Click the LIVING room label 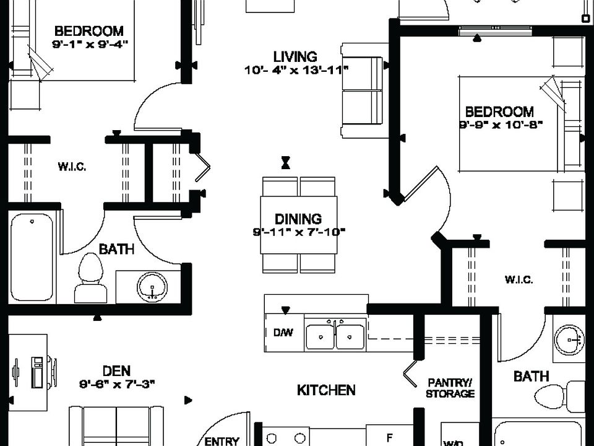tap(295, 57)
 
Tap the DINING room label tap(298, 219)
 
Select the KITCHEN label tap(326, 390)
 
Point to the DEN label tap(116, 371)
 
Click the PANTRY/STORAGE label tap(450, 388)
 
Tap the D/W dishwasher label tap(283, 333)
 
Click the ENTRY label tap(222, 441)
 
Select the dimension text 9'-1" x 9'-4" tap(94, 43)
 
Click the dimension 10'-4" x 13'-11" tap(296, 70)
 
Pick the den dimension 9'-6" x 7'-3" tap(116, 384)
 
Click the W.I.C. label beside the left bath tap(72, 167)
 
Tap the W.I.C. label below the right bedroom tap(519, 279)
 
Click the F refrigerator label tap(389, 437)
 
